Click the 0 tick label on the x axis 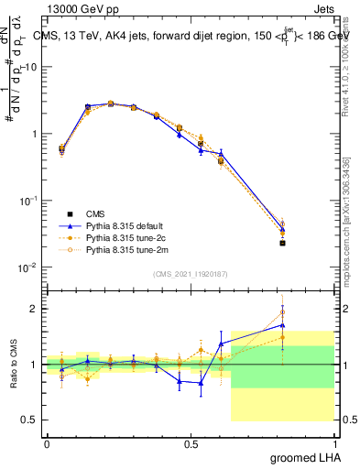click(47, 442)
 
